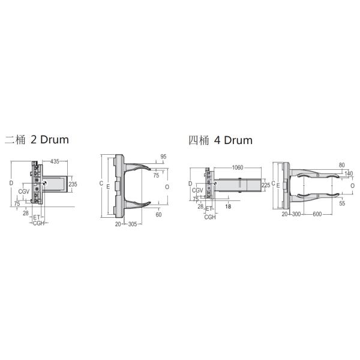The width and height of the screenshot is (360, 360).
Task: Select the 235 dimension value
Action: click(x=73, y=184)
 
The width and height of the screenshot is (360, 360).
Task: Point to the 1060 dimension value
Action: click(x=236, y=168)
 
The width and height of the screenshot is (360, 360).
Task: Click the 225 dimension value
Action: click(x=266, y=185)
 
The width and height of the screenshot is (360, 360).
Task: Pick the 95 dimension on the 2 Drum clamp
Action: click(x=164, y=157)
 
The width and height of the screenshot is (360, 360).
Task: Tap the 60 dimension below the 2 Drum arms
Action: click(x=159, y=214)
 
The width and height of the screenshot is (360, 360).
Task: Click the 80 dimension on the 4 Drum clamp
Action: click(x=341, y=164)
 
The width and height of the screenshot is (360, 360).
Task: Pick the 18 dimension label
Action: click(x=228, y=206)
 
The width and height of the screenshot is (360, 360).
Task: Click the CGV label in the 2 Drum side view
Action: click(x=24, y=191)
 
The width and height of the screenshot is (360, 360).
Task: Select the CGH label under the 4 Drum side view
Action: click(x=209, y=217)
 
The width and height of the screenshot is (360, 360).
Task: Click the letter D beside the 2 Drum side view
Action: click(x=11, y=182)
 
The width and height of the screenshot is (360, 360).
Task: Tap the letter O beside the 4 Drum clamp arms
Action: click(x=352, y=185)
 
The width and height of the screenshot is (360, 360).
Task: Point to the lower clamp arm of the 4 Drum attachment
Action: click(x=312, y=196)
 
